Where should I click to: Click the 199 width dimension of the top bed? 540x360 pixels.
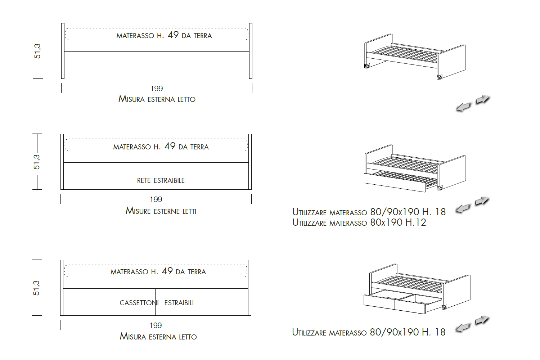(x=157, y=89)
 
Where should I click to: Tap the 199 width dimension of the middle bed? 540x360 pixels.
(x=156, y=199)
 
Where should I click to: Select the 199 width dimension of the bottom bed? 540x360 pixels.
(x=156, y=325)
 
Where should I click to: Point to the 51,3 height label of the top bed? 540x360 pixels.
(x=37, y=51)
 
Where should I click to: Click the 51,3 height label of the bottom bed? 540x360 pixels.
(x=36, y=288)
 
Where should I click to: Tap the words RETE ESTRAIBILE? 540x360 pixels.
(x=161, y=180)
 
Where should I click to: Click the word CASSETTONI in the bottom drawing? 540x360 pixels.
(x=139, y=303)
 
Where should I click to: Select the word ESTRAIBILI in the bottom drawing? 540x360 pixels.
(x=179, y=303)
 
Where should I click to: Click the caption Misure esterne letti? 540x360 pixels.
(x=161, y=211)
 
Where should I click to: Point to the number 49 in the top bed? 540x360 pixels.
(x=173, y=35)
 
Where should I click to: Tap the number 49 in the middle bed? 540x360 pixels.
(x=170, y=146)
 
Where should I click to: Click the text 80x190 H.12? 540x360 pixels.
(x=398, y=222)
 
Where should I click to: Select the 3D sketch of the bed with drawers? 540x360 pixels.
(x=417, y=289)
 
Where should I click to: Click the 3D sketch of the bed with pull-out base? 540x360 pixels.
(x=415, y=168)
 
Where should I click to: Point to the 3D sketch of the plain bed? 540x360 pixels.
(x=415, y=57)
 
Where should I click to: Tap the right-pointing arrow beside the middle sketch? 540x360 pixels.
(x=482, y=201)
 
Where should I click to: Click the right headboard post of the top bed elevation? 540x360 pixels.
(x=251, y=51)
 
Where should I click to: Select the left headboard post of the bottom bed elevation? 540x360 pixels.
(x=62, y=288)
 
